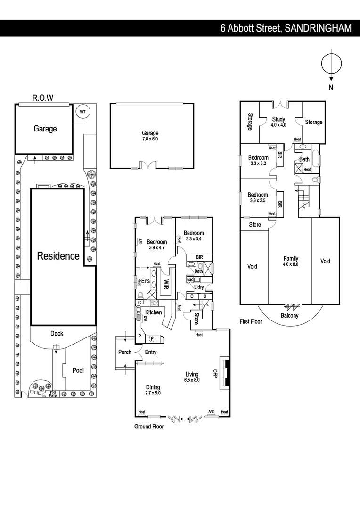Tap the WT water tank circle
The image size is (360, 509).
[83, 112]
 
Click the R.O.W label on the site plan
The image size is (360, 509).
[42, 98]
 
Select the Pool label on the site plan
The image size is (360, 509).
[78, 370]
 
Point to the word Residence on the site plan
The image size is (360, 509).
[58, 256]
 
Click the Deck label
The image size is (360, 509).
[57, 334]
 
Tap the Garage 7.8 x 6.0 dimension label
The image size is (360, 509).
[150, 136]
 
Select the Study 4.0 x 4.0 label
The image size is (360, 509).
[278, 122]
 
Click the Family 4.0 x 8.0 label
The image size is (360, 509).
[290, 261]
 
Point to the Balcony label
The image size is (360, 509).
[290, 316]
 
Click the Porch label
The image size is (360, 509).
[125, 353]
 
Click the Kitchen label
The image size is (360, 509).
[153, 312]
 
